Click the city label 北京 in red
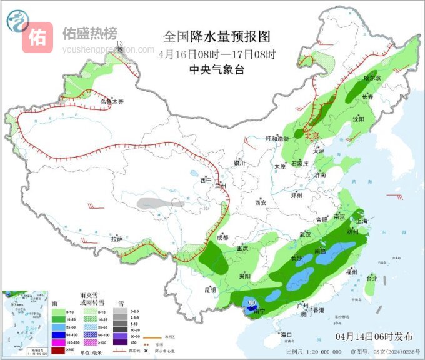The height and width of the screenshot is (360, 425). (x=312, y=134)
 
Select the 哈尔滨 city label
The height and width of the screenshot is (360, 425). (x=372, y=78)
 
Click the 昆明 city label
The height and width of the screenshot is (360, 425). (x=209, y=289)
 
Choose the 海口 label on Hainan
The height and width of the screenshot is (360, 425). (x=287, y=335)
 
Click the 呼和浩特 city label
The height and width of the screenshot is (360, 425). (x=277, y=138)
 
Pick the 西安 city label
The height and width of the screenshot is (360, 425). (x=261, y=202)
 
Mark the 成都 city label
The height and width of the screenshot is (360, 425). (x=222, y=237)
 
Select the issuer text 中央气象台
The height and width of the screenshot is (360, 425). (x=217, y=70)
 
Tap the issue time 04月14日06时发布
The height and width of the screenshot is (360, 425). (x=374, y=336)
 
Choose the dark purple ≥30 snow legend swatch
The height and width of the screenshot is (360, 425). (x=117, y=342)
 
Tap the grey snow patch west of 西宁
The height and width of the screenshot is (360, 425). (x=157, y=203)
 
